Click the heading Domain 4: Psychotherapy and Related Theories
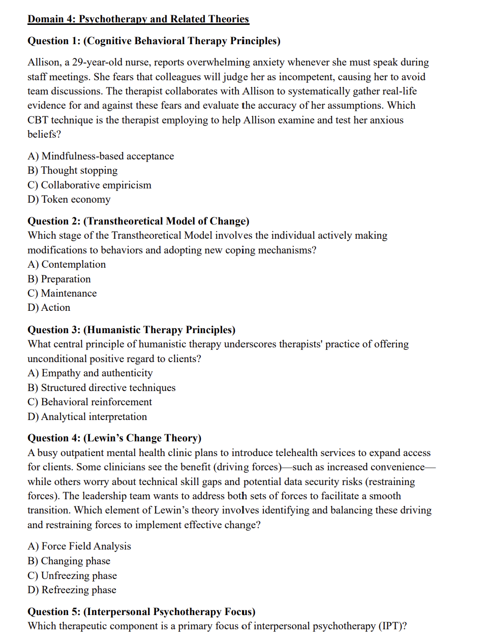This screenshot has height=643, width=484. pyautogui.click(x=138, y=19)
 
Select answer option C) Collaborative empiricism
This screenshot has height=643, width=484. pyautogui.click(x=89, y=185)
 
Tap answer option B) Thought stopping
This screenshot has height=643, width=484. pyautogui.click(x=73, y=171)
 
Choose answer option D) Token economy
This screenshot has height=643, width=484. pyautogui.click(x=69, y=200)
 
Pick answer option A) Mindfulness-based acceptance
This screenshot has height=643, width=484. pyautogui.click(x=101, y=156)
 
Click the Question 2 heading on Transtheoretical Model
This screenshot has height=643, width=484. pyautogui.click(x=138, y=221)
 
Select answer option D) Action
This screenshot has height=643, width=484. pyautogui.click(x=49, y=308)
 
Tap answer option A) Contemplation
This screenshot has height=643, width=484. pyautogui.click(x=67, y=265)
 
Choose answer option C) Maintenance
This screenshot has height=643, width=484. pyautogui.click(x=62, y=294)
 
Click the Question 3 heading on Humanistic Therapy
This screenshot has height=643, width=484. pyautogui.click(x=131, y=330)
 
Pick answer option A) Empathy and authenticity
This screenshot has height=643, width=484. pyautogui.click(x=90, y=373)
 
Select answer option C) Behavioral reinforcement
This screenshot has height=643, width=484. pyautogui.click(x=89, y=402)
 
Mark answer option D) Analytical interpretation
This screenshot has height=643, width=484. pyautogui.click(x=87, y=417)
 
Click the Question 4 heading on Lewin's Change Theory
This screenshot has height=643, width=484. pyautogui.click(x=114, y=438)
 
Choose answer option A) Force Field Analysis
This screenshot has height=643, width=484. pyautogui.click(x=79, y=546)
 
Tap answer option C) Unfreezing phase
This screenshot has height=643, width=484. pyautogui.click(x=72, y=576)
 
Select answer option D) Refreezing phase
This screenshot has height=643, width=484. pyautogui.click(x=72, y=590)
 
